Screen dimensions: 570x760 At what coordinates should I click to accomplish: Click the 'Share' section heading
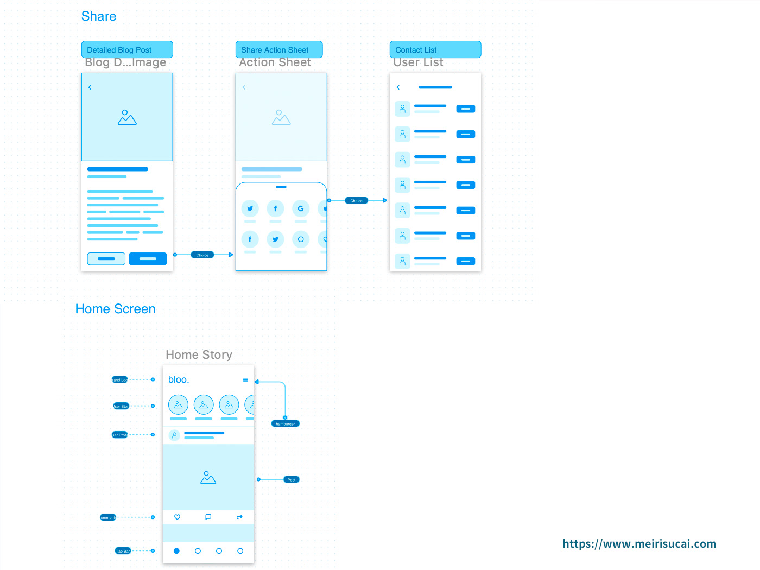pos(98,16)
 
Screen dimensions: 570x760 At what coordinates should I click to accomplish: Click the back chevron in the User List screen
pos(398,87)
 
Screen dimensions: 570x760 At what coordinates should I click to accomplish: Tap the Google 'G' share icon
pos(301,208)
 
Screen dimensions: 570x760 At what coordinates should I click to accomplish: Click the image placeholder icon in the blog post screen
pos(127,118)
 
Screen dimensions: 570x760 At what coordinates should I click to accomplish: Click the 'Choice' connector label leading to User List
pos(356,201)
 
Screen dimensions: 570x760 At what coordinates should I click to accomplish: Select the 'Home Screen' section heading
pos(115,309)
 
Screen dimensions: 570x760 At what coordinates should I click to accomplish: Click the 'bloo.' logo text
pos(179,379)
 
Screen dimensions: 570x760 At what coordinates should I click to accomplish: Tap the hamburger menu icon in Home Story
pos(245,380)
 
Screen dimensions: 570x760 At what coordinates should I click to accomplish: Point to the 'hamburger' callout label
pos(285,424)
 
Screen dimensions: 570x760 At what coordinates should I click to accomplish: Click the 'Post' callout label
pos(292,480)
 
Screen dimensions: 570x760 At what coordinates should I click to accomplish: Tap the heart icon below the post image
pos(177,517)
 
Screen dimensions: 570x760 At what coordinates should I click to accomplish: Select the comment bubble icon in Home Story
pos(208,517)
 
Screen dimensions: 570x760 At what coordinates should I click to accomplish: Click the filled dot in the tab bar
pos(176,551)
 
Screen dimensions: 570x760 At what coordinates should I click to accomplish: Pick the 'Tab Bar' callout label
pos(123,551)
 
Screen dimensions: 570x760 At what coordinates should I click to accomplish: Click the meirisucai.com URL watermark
pos(639,544)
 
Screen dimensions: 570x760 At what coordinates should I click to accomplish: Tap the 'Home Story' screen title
pos(199,355)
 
